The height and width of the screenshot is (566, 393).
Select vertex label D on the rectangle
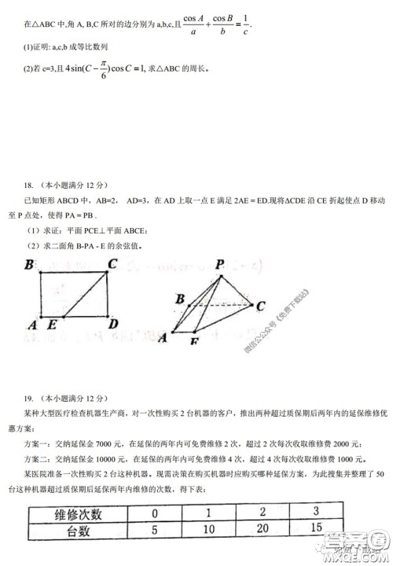click(x=113, y=324)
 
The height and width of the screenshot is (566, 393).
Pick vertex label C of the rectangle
click(x=112, y=264)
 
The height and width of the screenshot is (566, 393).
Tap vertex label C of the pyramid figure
click(x=260, y=307)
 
